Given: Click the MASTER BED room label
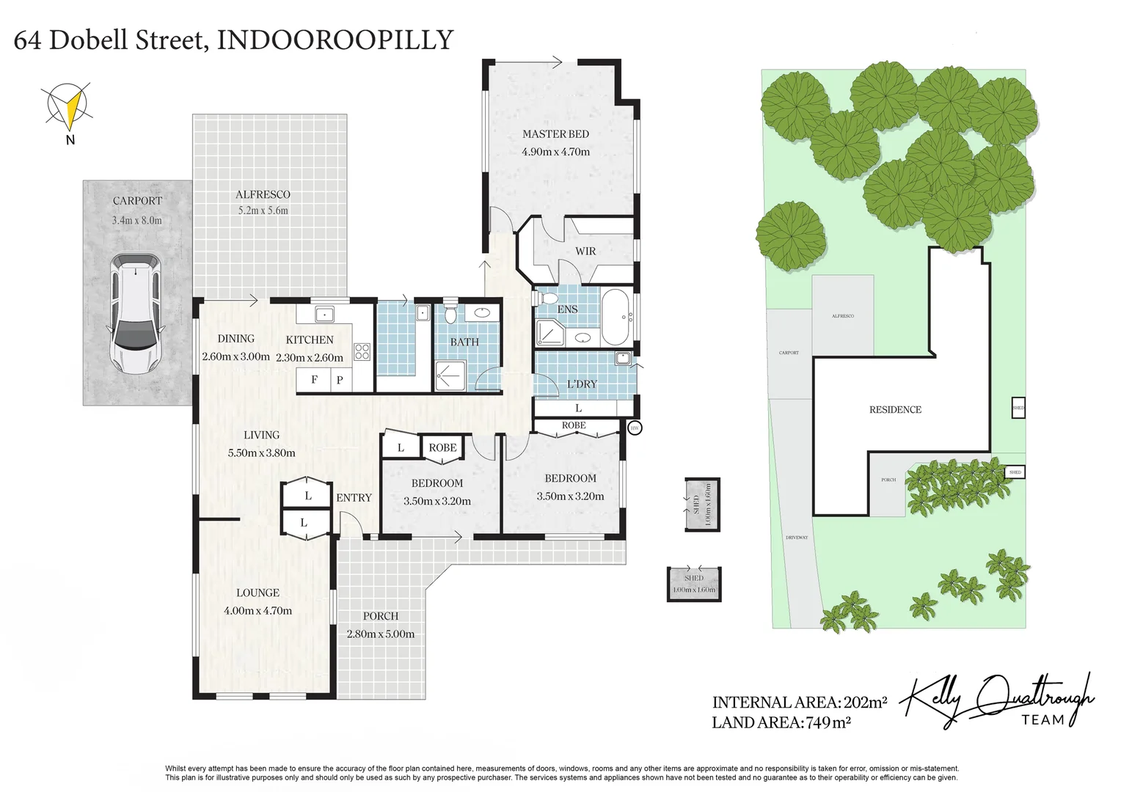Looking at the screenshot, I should point(555,134).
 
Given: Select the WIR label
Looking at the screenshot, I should point(585,251).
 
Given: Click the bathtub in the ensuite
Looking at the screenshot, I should point(615,318).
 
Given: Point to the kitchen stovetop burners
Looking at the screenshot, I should point(362,351).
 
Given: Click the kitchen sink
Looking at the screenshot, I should point(324,315).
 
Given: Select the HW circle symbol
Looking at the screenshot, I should point(635,428).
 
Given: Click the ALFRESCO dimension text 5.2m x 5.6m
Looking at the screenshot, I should point(263,210).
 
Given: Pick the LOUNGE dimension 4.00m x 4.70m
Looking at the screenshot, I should point(258,610).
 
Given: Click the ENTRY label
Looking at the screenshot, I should point(354,498).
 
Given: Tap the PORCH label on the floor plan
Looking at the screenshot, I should point(380,617).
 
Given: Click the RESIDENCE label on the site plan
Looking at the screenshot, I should point(894,410).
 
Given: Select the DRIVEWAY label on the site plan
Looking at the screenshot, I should point(796,538).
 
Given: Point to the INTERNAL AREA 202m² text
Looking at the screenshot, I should point(799,702).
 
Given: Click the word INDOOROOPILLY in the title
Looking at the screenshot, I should point(335,40).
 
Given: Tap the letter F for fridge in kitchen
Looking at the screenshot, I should point(314,380).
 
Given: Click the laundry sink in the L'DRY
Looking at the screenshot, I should point(623,359).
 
